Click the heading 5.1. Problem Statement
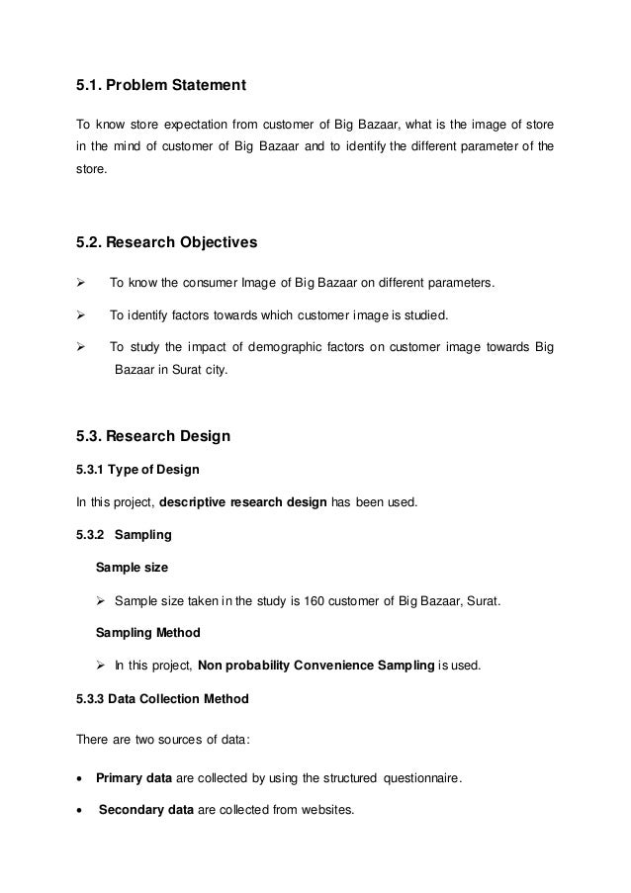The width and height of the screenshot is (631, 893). coord(160,87)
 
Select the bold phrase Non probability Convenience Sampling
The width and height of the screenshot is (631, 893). coord(315,666)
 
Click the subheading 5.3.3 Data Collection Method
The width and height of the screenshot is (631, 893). coord(162,698)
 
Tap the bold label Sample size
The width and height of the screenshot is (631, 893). coord(132,568)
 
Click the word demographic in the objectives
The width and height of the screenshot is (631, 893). coord(285,347)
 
